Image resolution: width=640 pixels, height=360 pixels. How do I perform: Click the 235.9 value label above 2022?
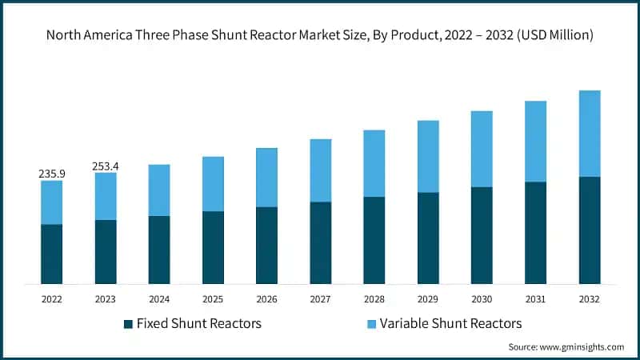51,173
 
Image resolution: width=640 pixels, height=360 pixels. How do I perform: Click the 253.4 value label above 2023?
106,166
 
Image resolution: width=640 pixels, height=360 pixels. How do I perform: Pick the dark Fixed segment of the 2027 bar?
321,242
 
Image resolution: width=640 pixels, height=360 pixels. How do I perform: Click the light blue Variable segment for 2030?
482,149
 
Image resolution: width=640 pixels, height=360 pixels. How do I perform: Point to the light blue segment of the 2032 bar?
590,134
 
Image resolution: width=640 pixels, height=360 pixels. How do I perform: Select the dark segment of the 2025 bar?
213,247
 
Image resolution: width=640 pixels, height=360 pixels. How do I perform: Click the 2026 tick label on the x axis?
266,298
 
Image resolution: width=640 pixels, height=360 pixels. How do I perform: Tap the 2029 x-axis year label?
428,298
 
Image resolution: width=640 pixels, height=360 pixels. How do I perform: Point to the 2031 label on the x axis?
535,298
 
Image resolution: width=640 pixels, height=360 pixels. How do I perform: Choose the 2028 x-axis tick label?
374,298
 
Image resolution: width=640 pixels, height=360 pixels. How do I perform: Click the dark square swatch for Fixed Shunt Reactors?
128,324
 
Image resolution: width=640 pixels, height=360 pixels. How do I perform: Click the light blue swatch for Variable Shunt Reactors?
371,324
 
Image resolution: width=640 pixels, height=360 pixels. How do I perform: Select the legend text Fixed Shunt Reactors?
199,324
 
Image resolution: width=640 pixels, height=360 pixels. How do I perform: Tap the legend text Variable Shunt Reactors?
450,324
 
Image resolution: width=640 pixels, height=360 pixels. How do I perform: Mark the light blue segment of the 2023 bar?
106,197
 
